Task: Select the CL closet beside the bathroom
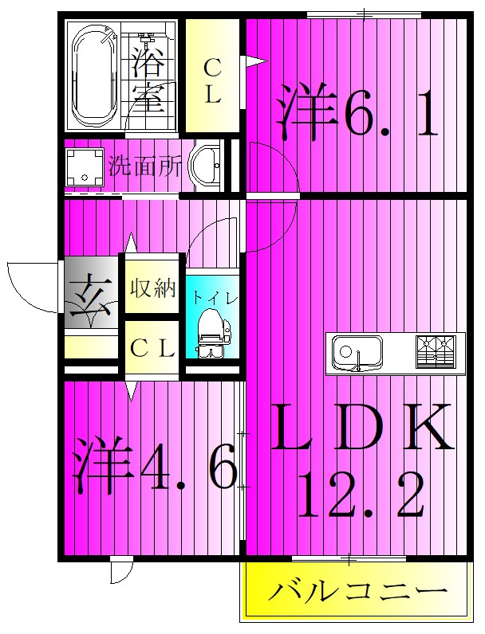click(211, 80)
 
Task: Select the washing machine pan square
click(85, 166)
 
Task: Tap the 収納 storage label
click(152, 288)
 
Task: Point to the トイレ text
click(213, 298)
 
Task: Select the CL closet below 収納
click(152, 348)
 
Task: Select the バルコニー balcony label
click(356, 591)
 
